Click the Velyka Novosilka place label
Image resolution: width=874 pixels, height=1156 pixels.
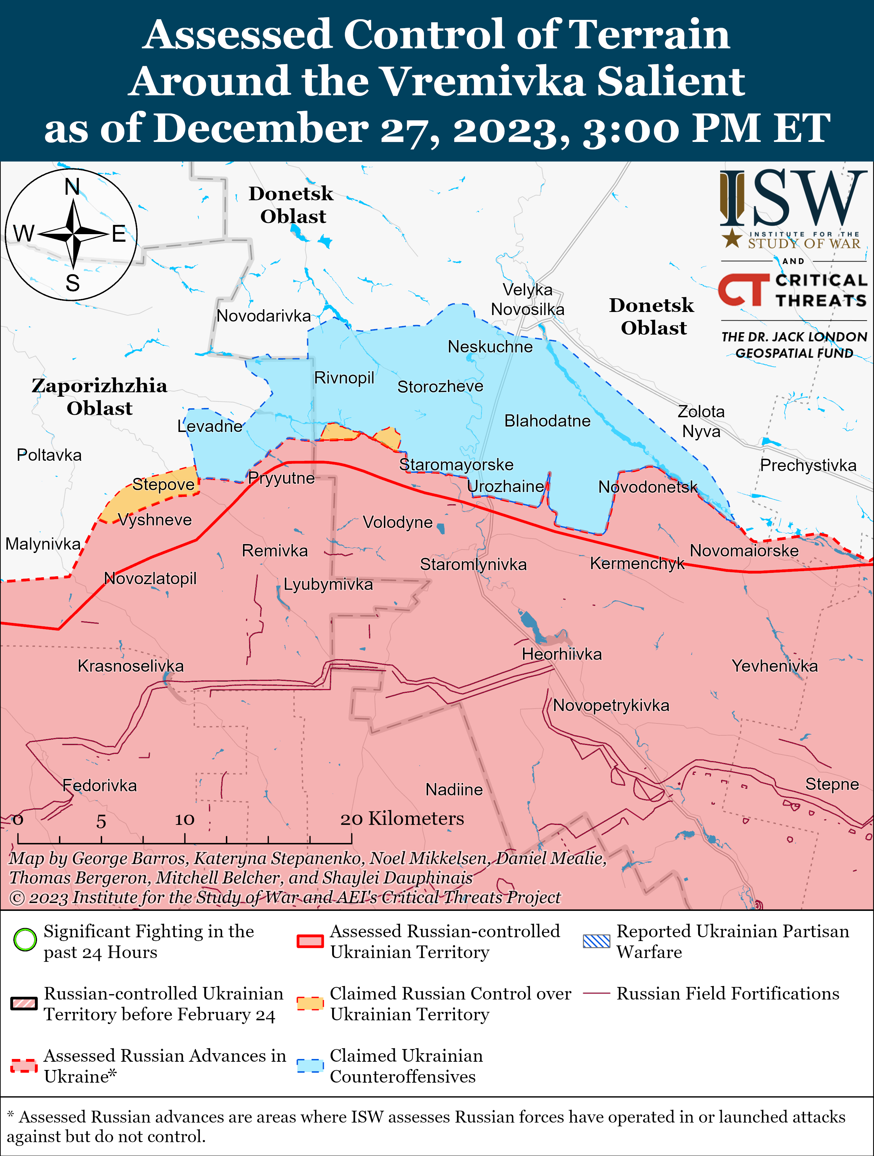[527, 299]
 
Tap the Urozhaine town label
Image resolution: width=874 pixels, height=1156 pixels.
[505, 486]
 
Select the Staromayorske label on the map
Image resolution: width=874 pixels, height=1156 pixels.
[456, 465]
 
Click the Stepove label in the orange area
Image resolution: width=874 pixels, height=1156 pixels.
[163, 484]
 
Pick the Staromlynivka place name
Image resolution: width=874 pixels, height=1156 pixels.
[473, 564]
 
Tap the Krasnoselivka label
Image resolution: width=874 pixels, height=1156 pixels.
[131, 666]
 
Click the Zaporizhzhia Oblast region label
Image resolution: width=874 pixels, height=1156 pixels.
[99, 397]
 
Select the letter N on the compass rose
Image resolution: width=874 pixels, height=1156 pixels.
[72, 186]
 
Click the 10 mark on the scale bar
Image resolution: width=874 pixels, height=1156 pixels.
[184, 819]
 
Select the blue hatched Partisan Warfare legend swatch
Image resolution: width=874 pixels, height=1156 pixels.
[596, 941]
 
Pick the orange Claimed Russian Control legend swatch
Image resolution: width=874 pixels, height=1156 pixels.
[310, 1003]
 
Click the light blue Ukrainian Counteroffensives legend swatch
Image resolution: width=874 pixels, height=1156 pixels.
[310, 1065]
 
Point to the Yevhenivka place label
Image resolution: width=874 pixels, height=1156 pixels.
[774, 666]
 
